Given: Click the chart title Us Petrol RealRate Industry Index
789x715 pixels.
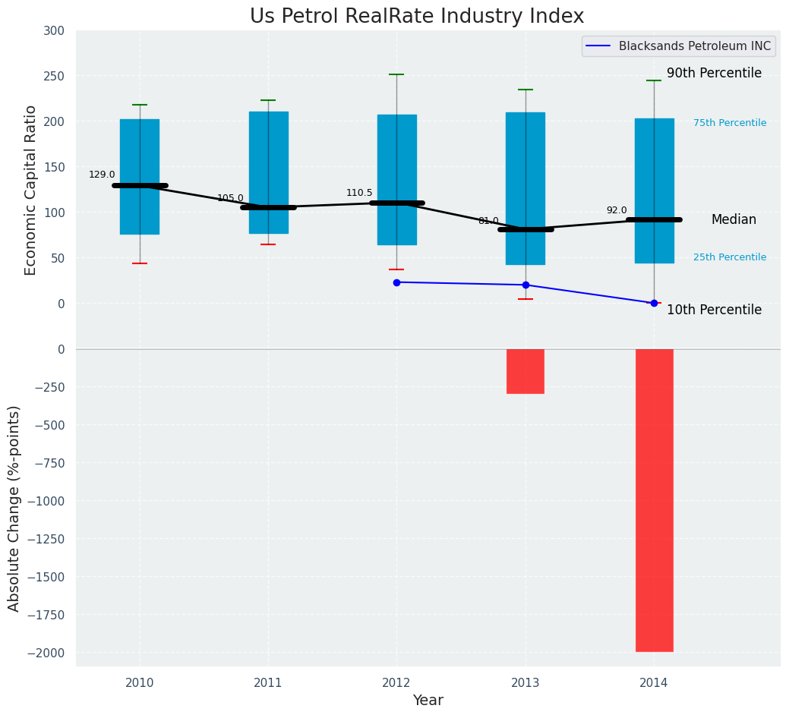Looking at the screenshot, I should point(417,17).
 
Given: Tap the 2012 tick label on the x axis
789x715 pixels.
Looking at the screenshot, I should point(396,683).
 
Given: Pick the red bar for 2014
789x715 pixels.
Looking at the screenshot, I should point(654,499).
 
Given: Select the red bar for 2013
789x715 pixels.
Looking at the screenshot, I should point(525,371).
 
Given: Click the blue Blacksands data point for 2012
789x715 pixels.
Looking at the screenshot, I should point(396,282).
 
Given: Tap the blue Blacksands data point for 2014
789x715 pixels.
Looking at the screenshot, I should point(654,303).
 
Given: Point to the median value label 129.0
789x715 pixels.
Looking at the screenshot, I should point(102,175).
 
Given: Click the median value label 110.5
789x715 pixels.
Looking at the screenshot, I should point(359,193).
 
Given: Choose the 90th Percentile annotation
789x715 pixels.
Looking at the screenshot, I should point(714,74).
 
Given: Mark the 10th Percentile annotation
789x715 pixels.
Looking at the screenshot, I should point(714,310).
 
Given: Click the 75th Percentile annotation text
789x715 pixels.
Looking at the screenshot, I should point(730,123).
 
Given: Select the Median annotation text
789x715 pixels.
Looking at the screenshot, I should point(734,220).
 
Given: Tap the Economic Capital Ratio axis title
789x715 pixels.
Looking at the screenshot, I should point(31,190).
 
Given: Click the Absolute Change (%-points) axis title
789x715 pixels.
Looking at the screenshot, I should point(14,508).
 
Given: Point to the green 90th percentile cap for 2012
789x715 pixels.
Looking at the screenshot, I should point(396,74).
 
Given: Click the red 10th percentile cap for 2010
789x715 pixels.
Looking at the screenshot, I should point(140,263).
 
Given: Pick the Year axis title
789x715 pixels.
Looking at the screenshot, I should point(428,701).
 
